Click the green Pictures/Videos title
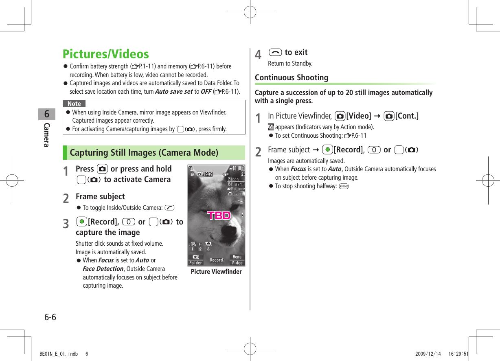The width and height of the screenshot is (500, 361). pos(106,54)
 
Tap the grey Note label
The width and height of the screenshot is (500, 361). pos(74,104)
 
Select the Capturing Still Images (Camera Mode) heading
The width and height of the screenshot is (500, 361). pos(144,153)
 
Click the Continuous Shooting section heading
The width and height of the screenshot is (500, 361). pos(292,77)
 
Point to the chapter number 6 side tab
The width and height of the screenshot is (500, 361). pos(47,114)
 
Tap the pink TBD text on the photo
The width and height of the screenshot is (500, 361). pos(219,216)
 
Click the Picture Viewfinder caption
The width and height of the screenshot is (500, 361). pos(216,272)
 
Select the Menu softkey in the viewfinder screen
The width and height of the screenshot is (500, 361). pos(237,257)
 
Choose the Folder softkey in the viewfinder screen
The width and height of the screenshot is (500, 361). pos(196,263)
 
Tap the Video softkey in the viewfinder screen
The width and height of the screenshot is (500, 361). pos(237,263)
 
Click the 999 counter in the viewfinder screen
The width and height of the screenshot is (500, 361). pos(208,174)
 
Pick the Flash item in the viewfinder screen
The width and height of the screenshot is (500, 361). pos(236,184)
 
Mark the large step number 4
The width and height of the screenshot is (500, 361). pos(258,55)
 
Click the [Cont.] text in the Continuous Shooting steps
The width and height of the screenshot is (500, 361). pos(406,116)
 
